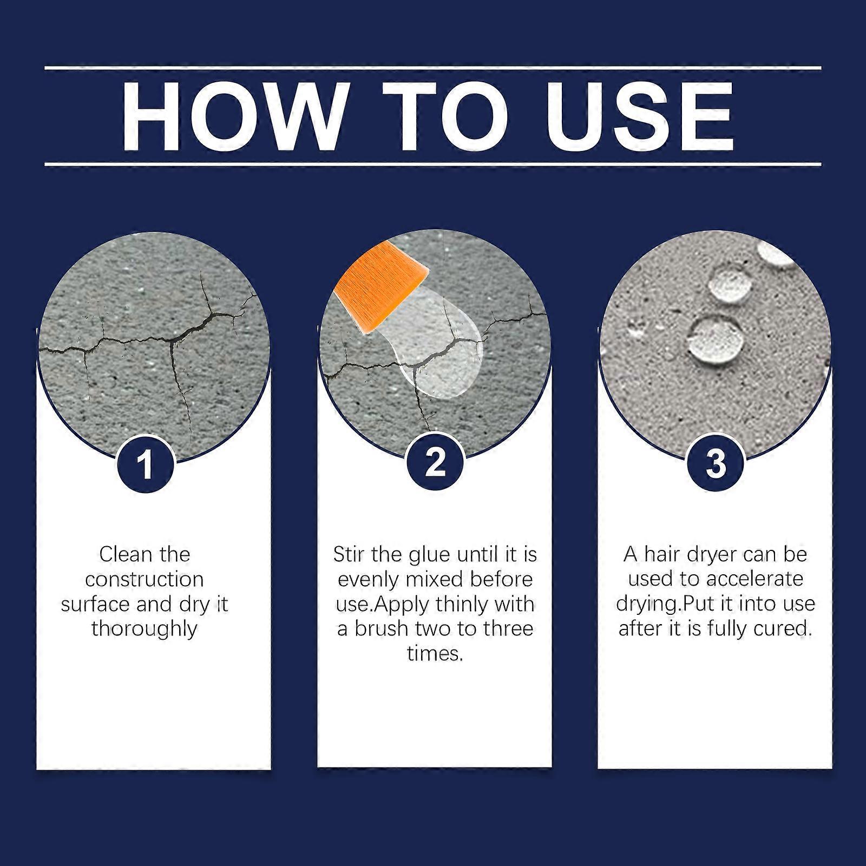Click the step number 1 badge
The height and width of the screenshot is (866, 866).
(145, 465)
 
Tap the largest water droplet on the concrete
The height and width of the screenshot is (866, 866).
(710, 338)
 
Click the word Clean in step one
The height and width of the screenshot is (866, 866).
(122, 554)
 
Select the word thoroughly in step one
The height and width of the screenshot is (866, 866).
(145, 629)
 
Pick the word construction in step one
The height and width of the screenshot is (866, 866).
(145, 580)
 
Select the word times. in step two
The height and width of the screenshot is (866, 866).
(435, 654)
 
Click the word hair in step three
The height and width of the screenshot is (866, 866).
(661, 554)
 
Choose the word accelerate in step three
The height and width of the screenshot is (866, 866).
(753, 579)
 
